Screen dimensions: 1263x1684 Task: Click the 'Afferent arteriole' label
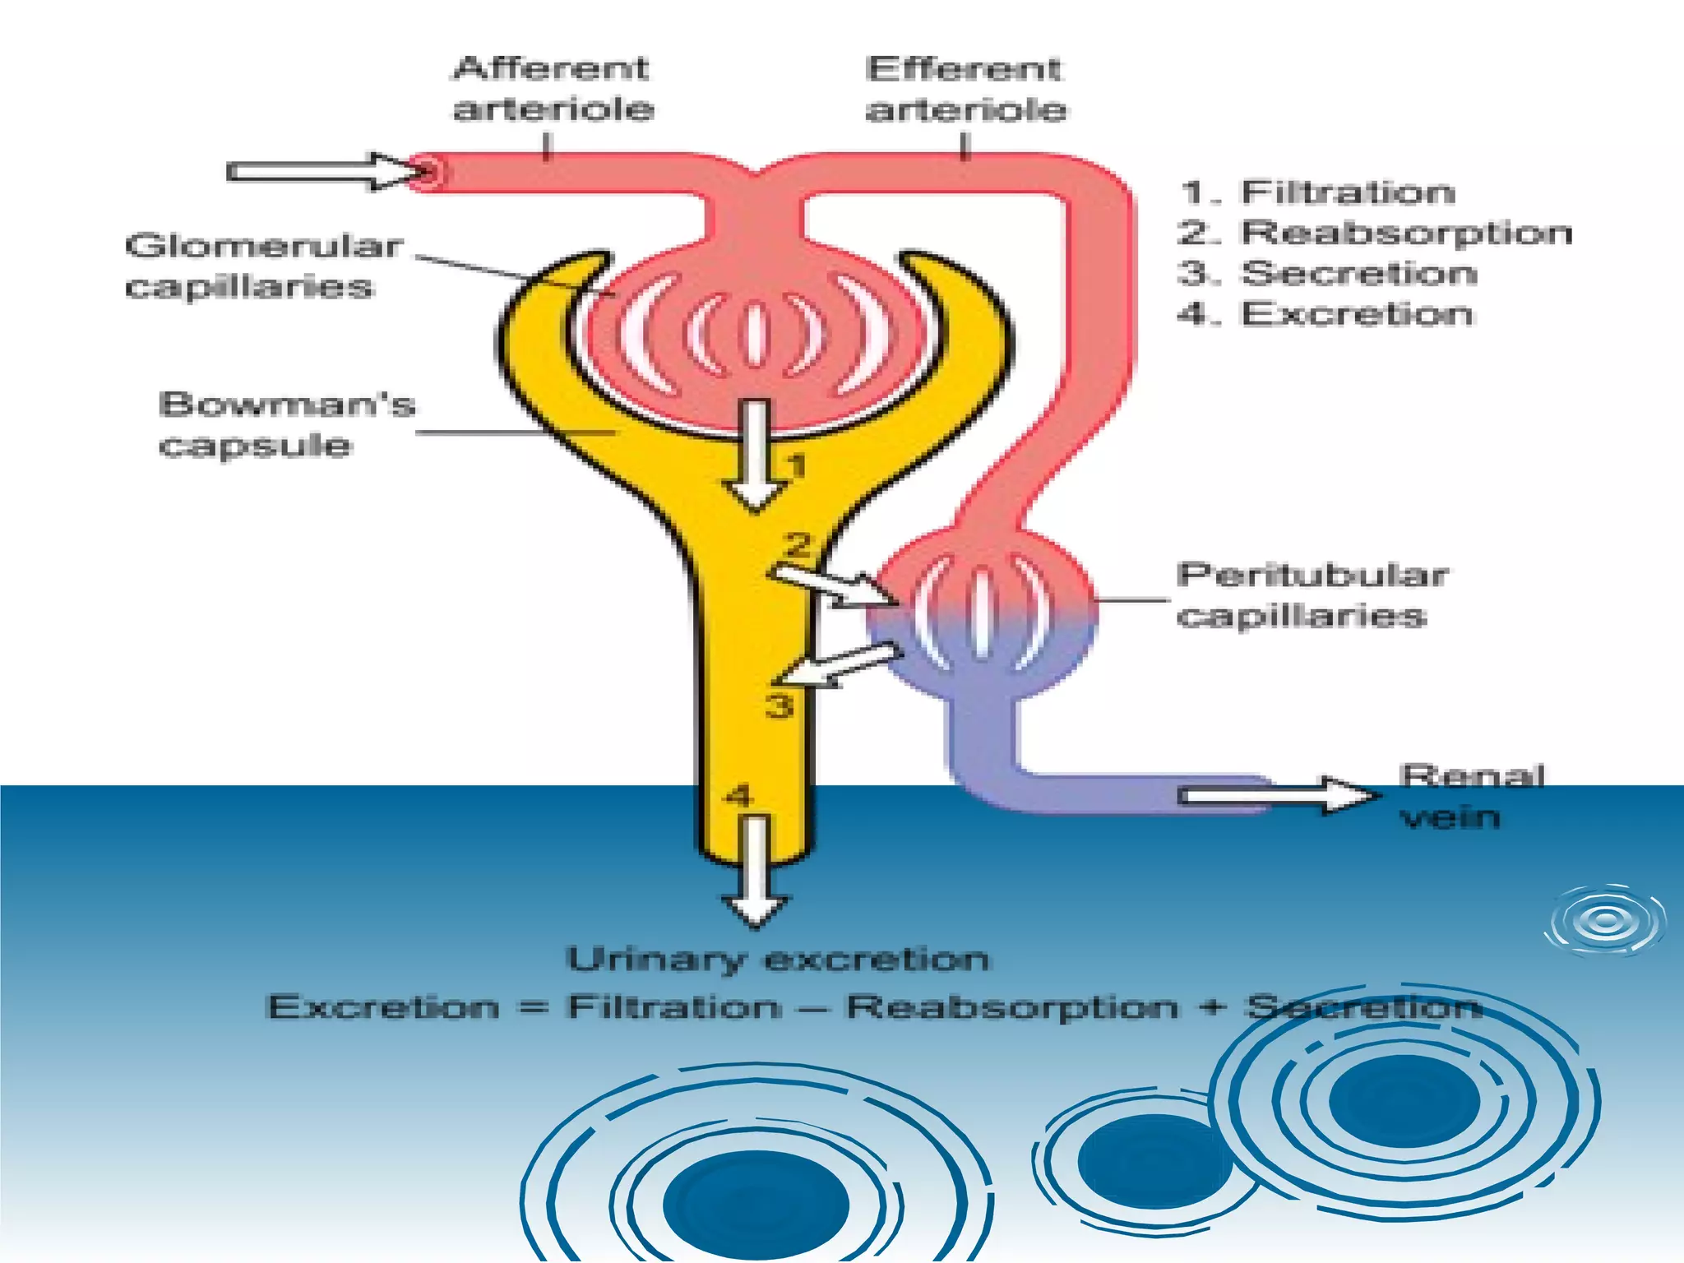553,89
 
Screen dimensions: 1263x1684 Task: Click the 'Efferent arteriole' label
965,89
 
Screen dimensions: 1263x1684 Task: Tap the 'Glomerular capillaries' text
263,266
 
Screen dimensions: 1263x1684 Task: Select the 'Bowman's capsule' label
287,424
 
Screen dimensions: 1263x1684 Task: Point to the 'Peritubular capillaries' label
1311,594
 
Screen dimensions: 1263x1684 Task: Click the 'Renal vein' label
1471,796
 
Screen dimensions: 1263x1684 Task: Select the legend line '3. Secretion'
1327,273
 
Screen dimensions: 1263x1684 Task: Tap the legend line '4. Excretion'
1325,314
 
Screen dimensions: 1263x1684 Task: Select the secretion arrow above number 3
839,664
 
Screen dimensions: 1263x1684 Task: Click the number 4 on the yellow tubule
738,796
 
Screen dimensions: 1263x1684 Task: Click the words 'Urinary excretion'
778,960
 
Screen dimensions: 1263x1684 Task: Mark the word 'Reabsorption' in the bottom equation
1011,1007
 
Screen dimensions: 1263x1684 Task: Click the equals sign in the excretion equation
534,1007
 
